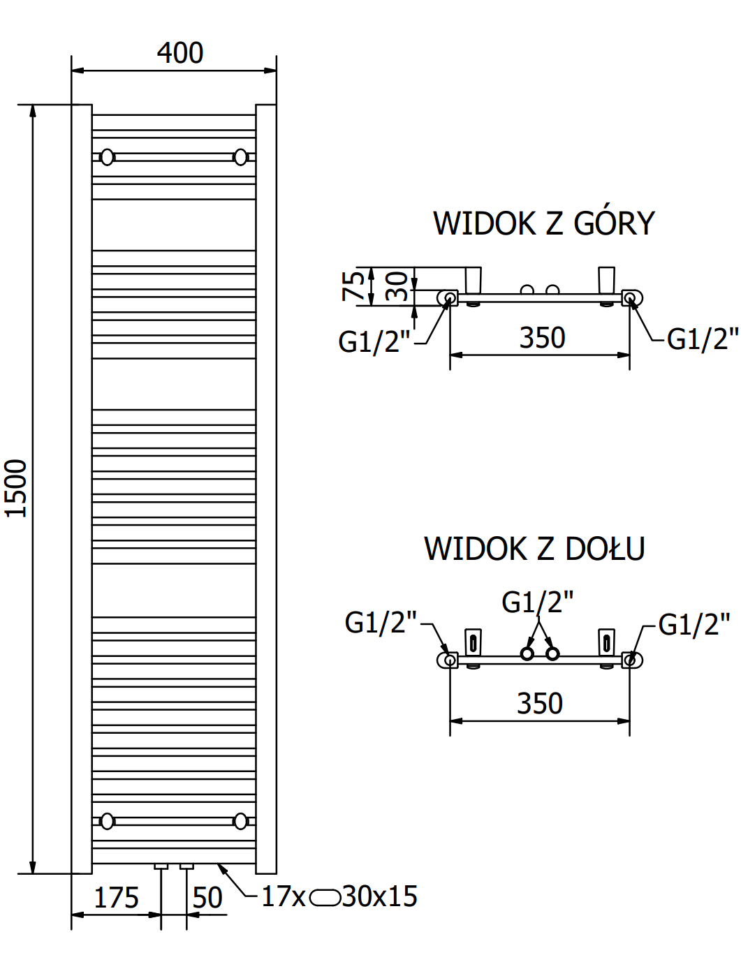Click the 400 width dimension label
[180, 53]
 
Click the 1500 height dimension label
[16, 488]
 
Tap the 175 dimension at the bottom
[117, 898]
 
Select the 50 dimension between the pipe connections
[207, 898]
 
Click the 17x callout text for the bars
[283, 896]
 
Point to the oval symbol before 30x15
[325, 897]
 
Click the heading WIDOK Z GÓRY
[544, 223]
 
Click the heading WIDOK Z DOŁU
[534, 549]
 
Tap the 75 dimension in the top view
[353, 286]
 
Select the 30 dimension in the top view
[397, 287]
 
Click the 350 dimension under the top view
[542, 338]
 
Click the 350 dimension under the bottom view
[540, 704]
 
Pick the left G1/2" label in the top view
[374, 342]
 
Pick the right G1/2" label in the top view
[703, 339]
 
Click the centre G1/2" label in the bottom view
[538, 602]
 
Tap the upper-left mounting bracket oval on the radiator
[107, 157]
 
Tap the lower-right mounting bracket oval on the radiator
[241, 821]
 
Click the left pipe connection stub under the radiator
[161, 866]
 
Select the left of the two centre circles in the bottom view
[527, 654]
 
